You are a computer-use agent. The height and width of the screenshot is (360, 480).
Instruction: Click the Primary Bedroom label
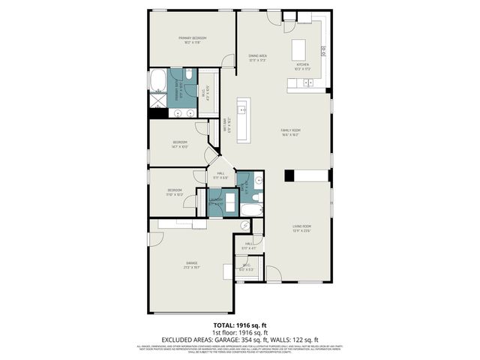coord(192,40)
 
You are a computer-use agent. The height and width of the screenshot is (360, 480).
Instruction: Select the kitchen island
coord(301,49)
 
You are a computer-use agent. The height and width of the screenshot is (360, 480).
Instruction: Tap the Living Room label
coord(301,228)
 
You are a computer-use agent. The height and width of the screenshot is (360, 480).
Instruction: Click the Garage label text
coord(191,264)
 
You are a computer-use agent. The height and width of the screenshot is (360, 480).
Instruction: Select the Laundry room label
coord(216,200)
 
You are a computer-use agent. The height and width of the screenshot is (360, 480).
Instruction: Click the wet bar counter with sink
coord(244,109)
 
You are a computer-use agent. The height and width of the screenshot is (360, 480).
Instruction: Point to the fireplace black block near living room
coord(289,176)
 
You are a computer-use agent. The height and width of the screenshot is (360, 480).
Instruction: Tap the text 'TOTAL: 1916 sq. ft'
coord(239,326)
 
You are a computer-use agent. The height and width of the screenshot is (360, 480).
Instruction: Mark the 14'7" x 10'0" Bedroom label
coord(180,144)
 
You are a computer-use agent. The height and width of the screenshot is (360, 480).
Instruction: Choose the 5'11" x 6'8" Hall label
coord(221,175)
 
